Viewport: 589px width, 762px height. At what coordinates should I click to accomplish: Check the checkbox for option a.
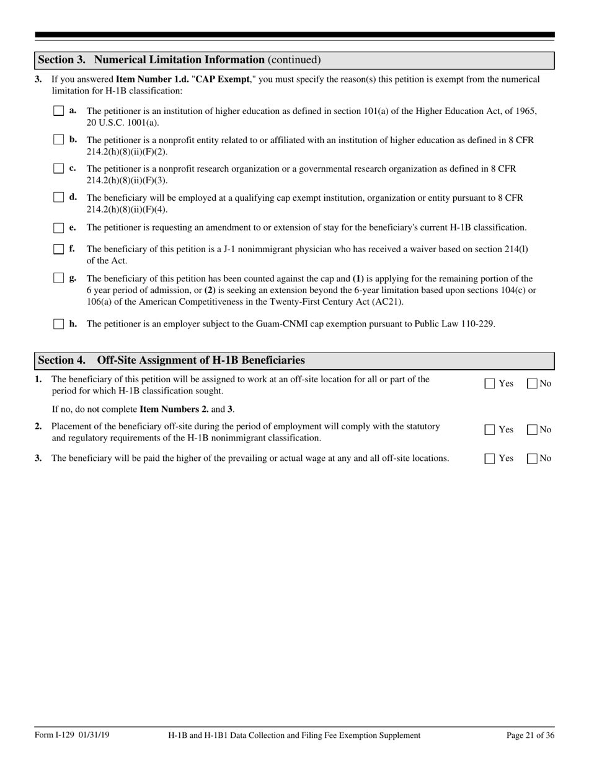[x=58, y=111]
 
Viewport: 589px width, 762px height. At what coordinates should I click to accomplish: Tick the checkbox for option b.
[x=58, y=140]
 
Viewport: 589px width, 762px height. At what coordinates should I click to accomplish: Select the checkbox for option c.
[x=58, y=169]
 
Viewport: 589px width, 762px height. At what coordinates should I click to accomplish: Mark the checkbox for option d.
[x=58, y=198]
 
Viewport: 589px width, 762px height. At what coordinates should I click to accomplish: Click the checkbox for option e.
[x=58, y=227]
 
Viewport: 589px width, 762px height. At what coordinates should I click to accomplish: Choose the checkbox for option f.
[x=58, y=249]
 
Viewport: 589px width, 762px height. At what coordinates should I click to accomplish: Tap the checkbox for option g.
[x=58, y=278]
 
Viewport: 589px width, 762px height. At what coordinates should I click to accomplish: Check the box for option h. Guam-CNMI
[x=58, y=323]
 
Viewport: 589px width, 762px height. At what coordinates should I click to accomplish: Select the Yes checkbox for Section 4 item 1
[x=490, y=383]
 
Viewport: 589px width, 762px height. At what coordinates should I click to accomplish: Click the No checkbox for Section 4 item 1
[x=532, y=383]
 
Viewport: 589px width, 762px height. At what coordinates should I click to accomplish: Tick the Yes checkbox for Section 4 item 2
[x=490, y=429]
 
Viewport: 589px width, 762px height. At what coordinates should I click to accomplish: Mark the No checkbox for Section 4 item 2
[x=532, y=429]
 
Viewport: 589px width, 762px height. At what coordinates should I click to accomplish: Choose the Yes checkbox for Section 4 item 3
[x=490, y=458]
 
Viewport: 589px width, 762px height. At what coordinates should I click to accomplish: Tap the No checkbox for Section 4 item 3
[x=532, y=458]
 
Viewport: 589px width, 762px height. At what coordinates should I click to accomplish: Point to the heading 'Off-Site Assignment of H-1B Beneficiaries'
[x=201, y=361]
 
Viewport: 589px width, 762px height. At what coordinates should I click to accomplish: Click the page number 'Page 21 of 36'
[x=530, y=735]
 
